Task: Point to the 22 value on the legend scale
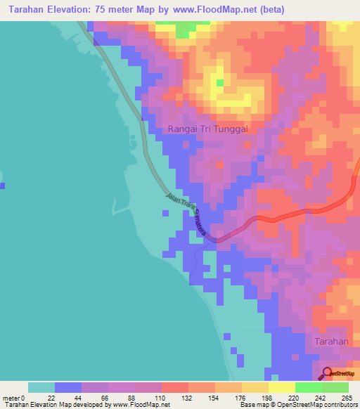[x=55, y=398]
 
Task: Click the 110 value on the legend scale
[x=161, y=398]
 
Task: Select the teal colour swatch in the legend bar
[x=41, y=387]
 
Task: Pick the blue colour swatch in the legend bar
[x=68, y=387]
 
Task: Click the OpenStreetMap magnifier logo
[x=328, y=374]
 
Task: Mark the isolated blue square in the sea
[x=3, y=186]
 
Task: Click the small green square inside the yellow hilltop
[x=219, y=83]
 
